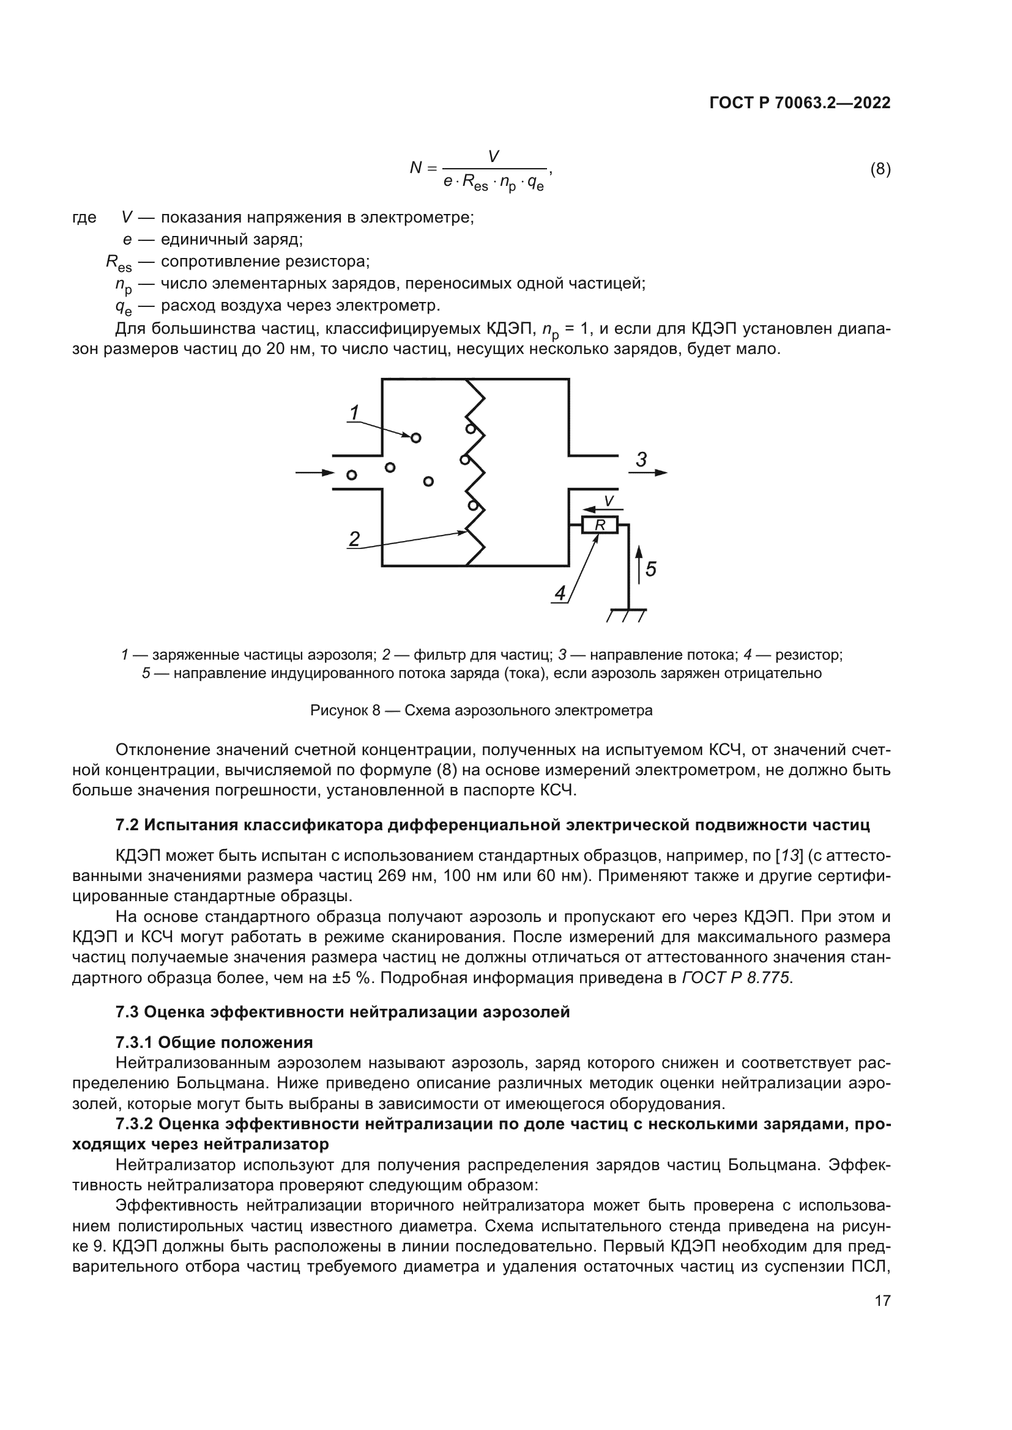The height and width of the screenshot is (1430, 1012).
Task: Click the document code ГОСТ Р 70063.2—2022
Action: (800, 103)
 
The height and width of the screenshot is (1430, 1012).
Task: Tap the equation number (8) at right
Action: (880, 169)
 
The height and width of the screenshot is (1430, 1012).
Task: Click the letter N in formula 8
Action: (415, 168)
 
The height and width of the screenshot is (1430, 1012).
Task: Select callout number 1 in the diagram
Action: (354, 412)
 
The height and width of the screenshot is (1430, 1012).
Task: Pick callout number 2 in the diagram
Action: (354, 538)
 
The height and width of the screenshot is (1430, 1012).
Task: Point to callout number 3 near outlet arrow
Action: (641, 460)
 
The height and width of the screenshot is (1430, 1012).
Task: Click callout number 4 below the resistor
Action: (560, 594)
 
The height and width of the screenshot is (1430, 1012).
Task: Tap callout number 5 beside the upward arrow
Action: (650, 569)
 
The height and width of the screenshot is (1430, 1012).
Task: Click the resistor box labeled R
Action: (600, 526)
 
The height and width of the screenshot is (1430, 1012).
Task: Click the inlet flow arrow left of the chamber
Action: (314, 473)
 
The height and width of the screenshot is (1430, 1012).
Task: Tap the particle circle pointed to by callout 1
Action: (415, 438)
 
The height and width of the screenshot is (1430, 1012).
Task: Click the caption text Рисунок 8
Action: (344, 710)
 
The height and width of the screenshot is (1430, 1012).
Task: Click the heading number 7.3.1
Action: (134, 1042)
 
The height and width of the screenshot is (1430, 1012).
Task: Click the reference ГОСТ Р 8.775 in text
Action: (736, 978)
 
